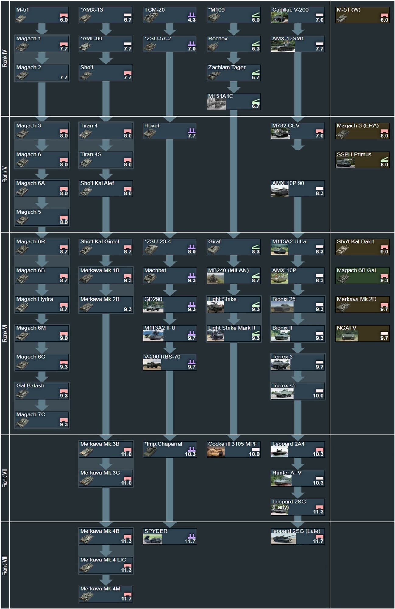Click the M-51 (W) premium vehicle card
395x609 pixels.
tap(362, 15)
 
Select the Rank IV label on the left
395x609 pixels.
tap(5, 58)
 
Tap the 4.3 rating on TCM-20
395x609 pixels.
tap(192, 20)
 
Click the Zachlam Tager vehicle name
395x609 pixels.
tap(227, 67)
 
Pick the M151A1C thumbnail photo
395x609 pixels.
tap(216, 104)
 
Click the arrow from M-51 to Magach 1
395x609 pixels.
tap(42, 29)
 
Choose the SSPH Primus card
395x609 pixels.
tap(362, 160)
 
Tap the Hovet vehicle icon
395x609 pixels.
tap(149, 133)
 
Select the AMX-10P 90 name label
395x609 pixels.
tap(288, 183)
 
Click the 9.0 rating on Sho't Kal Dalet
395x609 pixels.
tap(384, 252)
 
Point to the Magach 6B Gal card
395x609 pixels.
tap(362, 275)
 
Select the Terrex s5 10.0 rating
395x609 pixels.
tap(318, 396)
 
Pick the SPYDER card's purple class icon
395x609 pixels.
tap(192, 536)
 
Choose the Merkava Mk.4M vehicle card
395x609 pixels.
tap(106, 594)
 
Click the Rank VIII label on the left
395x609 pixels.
tap(5, 565)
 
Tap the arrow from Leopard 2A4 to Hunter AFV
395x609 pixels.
tap(298, 464)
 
